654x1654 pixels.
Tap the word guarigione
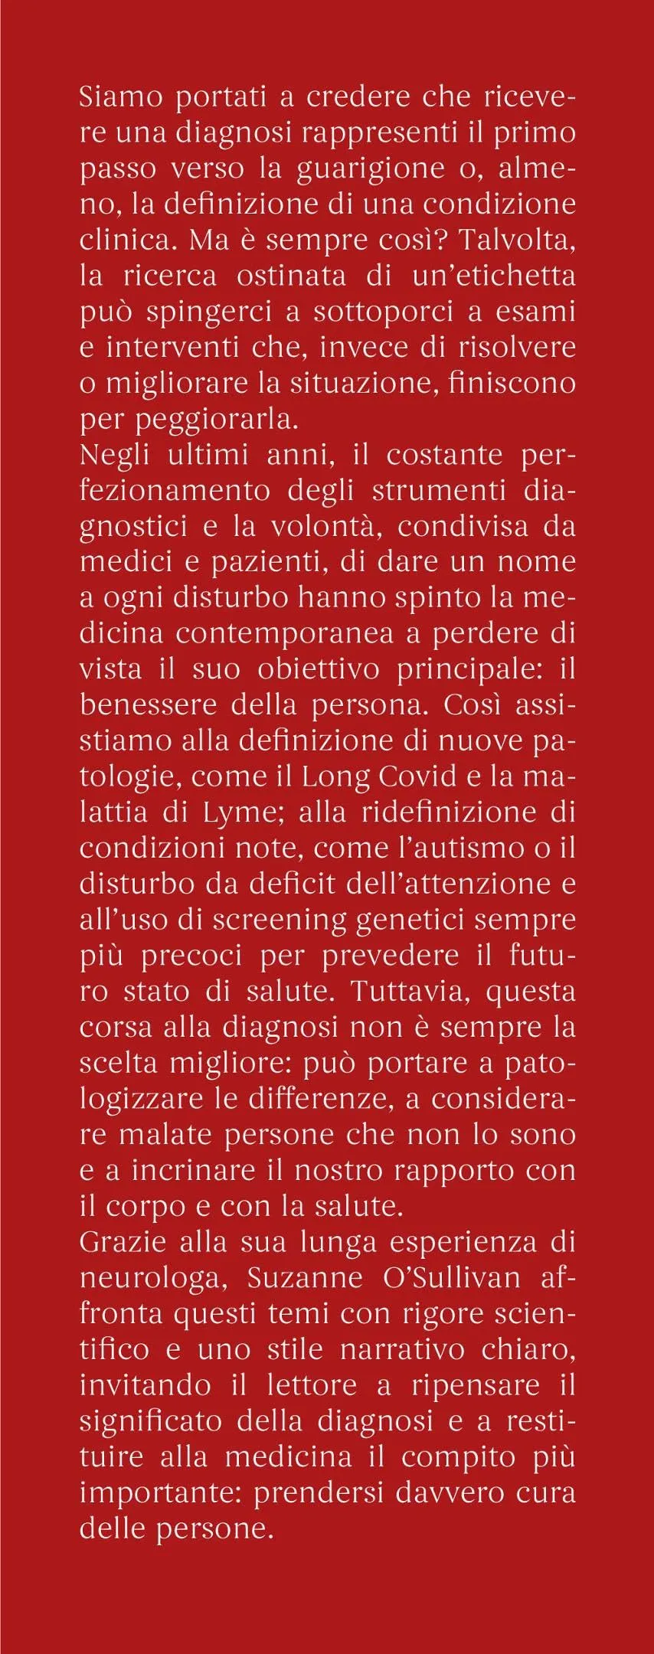click(403, 169)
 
